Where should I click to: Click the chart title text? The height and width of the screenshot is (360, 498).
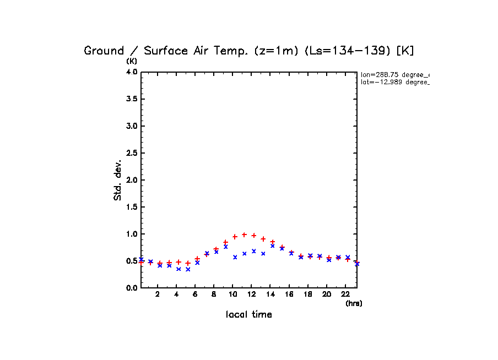[x=249, y=51]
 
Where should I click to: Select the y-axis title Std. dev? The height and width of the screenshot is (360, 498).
[x=118, y=180]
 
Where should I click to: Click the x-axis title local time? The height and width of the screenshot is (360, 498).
[x=249, y=315]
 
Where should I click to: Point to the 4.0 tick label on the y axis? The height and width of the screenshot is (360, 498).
[x=131, y=72]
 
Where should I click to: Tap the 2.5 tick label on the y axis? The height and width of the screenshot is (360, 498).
[x=131, y=153]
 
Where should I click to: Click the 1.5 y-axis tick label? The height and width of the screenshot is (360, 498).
[x=131, y=207]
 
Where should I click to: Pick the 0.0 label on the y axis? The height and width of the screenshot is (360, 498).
[x=131, y=288]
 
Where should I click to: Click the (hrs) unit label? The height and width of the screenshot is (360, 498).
[x=354, y=303]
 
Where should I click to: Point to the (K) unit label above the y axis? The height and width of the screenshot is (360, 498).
[x=132, y=61]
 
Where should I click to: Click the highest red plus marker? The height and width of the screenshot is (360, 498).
[x=244, y=234]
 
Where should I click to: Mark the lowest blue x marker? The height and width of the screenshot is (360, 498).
[x=188, y=269]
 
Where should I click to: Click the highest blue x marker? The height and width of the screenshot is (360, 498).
[x=273, y=246]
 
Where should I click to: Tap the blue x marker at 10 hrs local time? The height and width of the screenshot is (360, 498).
[x=235, y=257]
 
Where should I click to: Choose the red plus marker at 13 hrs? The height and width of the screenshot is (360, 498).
[x=263, y=239]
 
